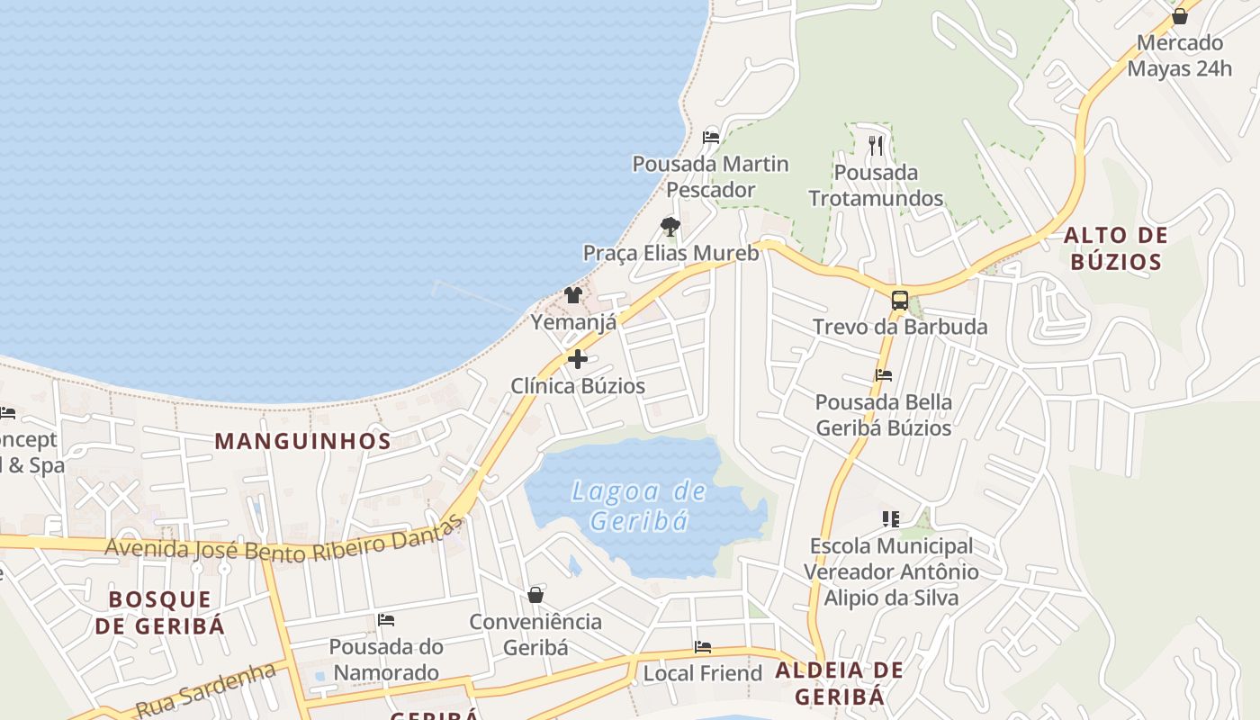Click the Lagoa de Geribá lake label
click(x=640, y=506)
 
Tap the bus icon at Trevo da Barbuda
click(x=899, y=301)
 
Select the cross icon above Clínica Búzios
click(x=578, y=359)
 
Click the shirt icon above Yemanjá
click(x=572, y=295)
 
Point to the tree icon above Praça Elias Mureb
click(x=670, y=226)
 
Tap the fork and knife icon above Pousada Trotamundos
click(x=876, y=145)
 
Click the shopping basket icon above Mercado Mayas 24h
click(x=1179, y=16)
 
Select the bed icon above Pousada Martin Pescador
click(x=711, y=138)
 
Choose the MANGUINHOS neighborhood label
click(x=303, y=441)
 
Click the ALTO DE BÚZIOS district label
click(x=1115, y=249)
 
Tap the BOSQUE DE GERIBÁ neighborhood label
click(x=160, y=613)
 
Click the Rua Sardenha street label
click(x=206, y=690)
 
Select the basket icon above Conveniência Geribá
click(x=535, y=595)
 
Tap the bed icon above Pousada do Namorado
click(x=386, y=620)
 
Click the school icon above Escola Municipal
click(x=891, y=518)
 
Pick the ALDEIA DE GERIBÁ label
click(x=839, y=683)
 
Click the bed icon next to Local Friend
click(x=703, y=647)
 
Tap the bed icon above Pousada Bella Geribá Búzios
click(x=884, y=375)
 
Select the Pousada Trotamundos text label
click(x=876, y=185)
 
